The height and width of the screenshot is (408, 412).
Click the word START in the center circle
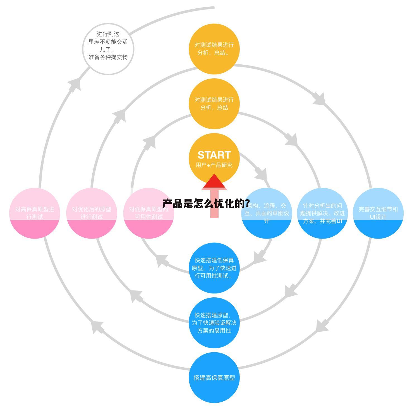pyautogui.click(x=214, y=155)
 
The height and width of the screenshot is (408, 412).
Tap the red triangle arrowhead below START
pyautogui.click(x=214, y=182)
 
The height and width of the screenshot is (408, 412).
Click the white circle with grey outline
pyautogui.click(x=108, y=49)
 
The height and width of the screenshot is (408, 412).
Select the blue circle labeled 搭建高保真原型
pyautogui.click(x=214, y=378)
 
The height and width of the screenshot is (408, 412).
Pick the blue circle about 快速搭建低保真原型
pyautogui.click(x=214, y=268)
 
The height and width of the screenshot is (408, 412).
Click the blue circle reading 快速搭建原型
pyautogui.click(x=214, y=323)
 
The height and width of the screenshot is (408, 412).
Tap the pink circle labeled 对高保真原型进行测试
pyautogui.click(x=35, y=213)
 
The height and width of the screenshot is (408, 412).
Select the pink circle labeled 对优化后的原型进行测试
pyautogui.click(x=92, y=213)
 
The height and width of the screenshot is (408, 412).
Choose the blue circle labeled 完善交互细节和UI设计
pyautogui.click(x=378, y=213)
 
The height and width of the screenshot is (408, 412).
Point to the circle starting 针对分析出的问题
pyautogui.click(x=322, y=213)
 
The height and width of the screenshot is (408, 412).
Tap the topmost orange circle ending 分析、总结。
pyautogui.click(x=214, y=49)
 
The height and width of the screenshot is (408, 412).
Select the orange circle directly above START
pyautogui.click(x=214, y=104)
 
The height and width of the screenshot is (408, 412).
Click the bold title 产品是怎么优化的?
pyautogui.click(x=206, y=203)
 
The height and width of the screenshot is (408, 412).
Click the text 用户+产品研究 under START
pyautogui.click(x=214, y=165)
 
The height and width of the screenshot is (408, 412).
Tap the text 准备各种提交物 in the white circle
pyautogui.click(x=108, y=57)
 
